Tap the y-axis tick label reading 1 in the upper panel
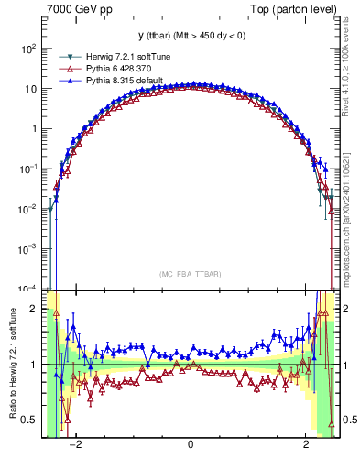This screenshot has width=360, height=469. point(35,129)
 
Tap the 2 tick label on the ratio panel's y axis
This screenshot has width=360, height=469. point(35,309)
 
